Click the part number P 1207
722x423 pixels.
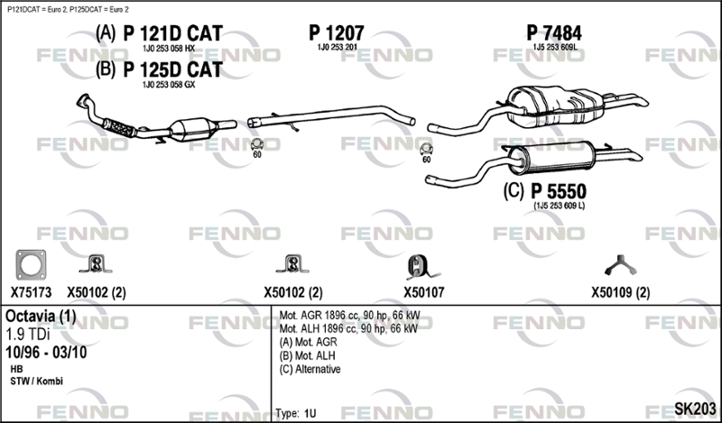(x=336, y=33)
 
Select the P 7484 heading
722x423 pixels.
(x=554, y=33)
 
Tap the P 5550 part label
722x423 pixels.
(x=559, y=191)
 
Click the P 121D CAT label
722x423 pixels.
(x=172, y=33)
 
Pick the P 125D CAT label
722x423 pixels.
(x=172, y=69)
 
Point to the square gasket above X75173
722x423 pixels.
(x=31, y=265)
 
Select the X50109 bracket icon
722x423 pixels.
(x=620, y=265)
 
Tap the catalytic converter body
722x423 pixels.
(x=192, y=129)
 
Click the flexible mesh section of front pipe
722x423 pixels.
(x=119, y=127)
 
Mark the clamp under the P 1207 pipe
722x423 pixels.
(x=257, y=144)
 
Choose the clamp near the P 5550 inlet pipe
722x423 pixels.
(x=426, y=149)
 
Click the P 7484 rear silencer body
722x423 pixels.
(x=555, y=106)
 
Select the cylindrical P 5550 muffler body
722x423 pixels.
(x=551, y=158)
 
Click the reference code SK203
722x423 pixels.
(x=695, y=409)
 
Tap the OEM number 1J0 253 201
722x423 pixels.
(x=337, y=48)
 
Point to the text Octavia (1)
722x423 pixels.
(x=41, y=316)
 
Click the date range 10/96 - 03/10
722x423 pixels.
(x=46, y=353)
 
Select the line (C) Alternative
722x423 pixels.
(x=310, y=369)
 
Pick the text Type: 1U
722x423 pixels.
(x=296, y=413)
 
